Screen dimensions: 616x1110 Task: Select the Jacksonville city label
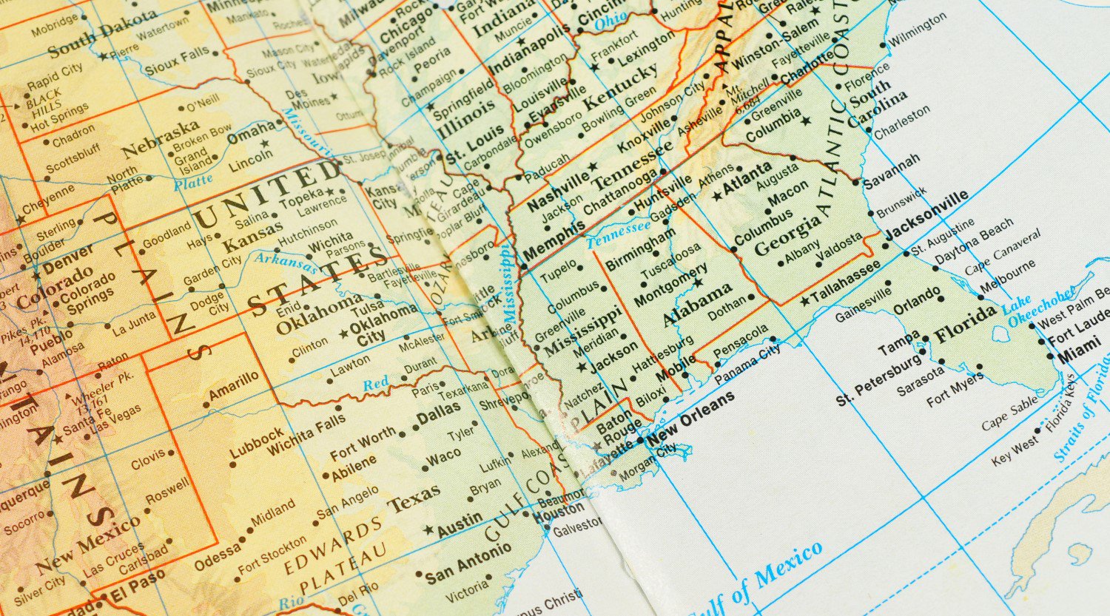[x=926, y=215]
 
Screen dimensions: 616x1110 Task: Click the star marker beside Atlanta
[x=716, y=196]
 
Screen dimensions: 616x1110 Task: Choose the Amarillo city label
[x=234, y=387]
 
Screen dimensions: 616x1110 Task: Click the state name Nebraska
[x=161, y=138]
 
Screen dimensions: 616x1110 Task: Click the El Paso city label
[x=138, y=587]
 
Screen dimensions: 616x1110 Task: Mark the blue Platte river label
[x=193, y=181]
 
